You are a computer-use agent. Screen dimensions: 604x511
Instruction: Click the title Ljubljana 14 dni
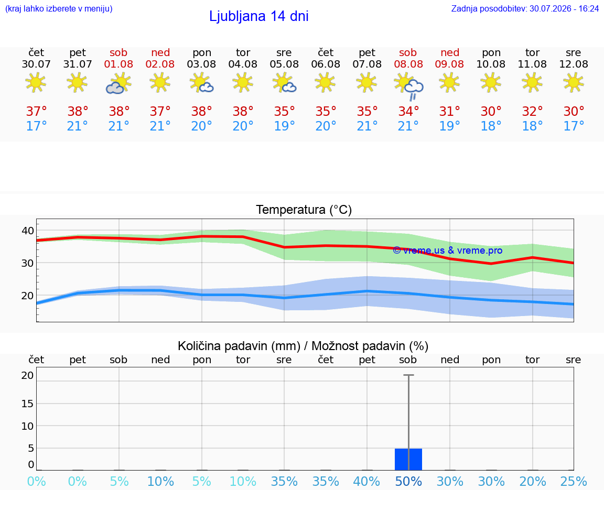(259, 16)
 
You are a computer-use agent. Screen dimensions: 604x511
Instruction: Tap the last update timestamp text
(525, 8)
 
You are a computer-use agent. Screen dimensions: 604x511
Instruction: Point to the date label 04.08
(243, 64)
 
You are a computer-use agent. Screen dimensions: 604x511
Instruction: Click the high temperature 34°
(408, 111)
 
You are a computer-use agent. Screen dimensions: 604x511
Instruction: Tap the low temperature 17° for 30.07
(36, 126)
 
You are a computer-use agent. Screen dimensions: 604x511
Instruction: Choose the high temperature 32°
(532, 111)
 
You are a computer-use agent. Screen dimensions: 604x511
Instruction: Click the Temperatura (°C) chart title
(304, 210)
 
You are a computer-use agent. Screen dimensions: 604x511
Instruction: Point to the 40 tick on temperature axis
(28, 231)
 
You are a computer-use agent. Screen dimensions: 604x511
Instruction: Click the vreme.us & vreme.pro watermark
(448, 251)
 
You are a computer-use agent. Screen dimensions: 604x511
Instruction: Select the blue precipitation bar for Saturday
(408, 460)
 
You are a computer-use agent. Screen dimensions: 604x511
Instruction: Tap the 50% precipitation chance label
(408, 481)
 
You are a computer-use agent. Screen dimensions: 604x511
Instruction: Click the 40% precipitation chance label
(366, 481)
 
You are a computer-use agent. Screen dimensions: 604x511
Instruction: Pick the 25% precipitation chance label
(574, 481)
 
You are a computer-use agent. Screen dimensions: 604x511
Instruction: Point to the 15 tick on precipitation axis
(27, 404)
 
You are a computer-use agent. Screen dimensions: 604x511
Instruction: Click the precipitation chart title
(303, 346)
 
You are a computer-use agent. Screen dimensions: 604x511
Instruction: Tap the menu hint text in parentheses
(59, 8)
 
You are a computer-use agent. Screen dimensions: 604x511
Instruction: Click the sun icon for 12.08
(574, 83)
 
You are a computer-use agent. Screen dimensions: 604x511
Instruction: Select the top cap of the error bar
(409, 375)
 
